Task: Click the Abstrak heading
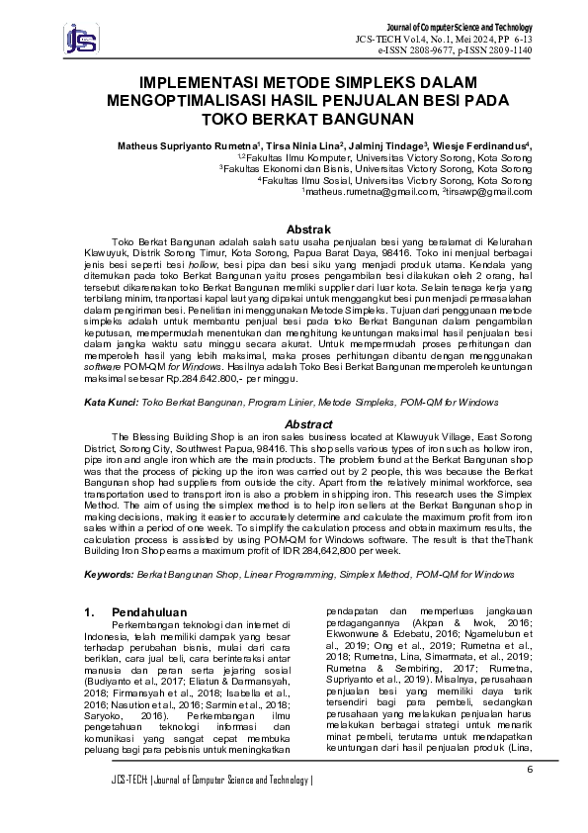[294, 230]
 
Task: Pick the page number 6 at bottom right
[529, 742]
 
